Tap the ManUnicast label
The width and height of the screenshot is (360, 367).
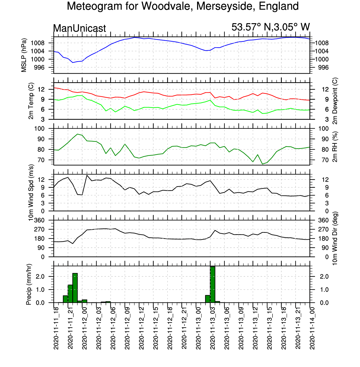(x=79, y=28)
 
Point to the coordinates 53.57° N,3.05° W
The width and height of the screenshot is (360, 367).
(x=270, y=27)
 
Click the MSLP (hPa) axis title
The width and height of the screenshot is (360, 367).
(x=24, y=55)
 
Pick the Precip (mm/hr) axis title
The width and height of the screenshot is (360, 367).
(x=29, y=284)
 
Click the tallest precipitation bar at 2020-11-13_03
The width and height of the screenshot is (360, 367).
(x=212, y=284)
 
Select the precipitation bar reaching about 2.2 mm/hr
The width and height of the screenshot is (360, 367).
(x=75, y=288)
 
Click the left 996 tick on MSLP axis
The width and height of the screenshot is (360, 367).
(x=39, y=68)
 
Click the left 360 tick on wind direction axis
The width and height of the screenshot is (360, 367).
(x=39, y=220)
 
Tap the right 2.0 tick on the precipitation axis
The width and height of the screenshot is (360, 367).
(x=324, y=276)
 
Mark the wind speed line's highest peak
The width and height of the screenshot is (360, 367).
(x=87, y=175)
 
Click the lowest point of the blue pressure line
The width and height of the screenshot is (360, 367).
(x=73, y=62)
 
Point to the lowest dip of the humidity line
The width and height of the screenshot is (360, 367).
(x=263, y=164)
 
